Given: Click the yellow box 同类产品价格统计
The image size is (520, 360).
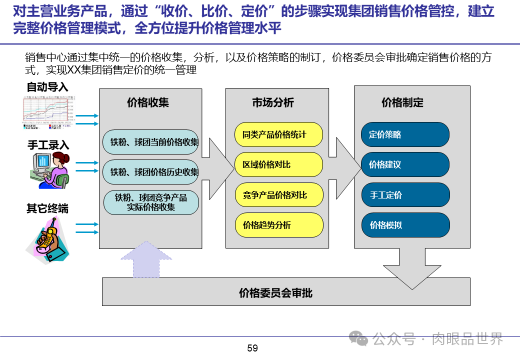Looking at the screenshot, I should point(279,134).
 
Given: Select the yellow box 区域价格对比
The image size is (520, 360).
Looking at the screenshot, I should point(279,164).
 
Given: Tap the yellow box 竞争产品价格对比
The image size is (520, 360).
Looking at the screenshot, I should point(279,195).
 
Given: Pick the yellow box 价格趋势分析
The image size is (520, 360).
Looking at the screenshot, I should point(279,225).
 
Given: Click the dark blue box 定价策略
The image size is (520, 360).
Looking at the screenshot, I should point(405,134).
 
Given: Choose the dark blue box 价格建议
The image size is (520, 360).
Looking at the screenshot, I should point(405,164).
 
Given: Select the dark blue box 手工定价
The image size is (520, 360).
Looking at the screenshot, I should point(405,195).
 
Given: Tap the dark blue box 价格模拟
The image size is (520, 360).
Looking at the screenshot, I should point(405,225).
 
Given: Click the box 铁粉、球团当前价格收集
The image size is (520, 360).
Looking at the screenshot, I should point(151,142).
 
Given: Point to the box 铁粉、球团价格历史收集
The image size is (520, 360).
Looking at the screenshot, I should point(151,172).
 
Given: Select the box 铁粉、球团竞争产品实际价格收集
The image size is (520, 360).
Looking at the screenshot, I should point(151,202).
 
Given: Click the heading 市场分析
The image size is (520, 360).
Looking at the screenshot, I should point(273,103).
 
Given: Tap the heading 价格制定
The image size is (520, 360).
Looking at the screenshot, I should point(402,103).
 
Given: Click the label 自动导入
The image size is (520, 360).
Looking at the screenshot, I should point(47,87).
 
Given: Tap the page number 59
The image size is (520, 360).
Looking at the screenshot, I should point(252,348).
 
